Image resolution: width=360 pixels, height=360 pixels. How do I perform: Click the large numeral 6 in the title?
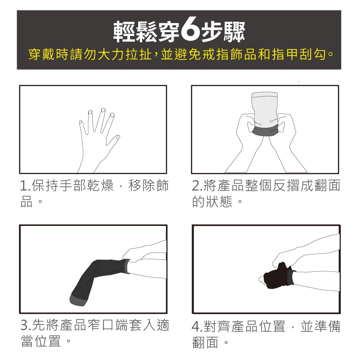(x=190, y=31)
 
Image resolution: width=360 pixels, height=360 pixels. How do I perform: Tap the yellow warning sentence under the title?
(x=181, y=54)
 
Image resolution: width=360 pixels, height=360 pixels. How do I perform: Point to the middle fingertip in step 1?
(x=103, y=110)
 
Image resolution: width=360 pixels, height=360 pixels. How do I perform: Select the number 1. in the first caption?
(x=25, y=186)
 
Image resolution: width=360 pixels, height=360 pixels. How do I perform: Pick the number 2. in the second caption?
(x=197, y=186)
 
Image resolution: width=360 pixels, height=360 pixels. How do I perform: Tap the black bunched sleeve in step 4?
(x=277, y=275)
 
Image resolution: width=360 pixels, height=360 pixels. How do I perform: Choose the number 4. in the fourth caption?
(x=197, y=327)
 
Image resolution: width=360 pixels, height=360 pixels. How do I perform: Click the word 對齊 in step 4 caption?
(x=217, y=327)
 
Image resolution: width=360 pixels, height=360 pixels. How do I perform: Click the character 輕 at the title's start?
(x=125, y=31)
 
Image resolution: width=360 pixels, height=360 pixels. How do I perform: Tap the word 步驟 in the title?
(x=223, y=31)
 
